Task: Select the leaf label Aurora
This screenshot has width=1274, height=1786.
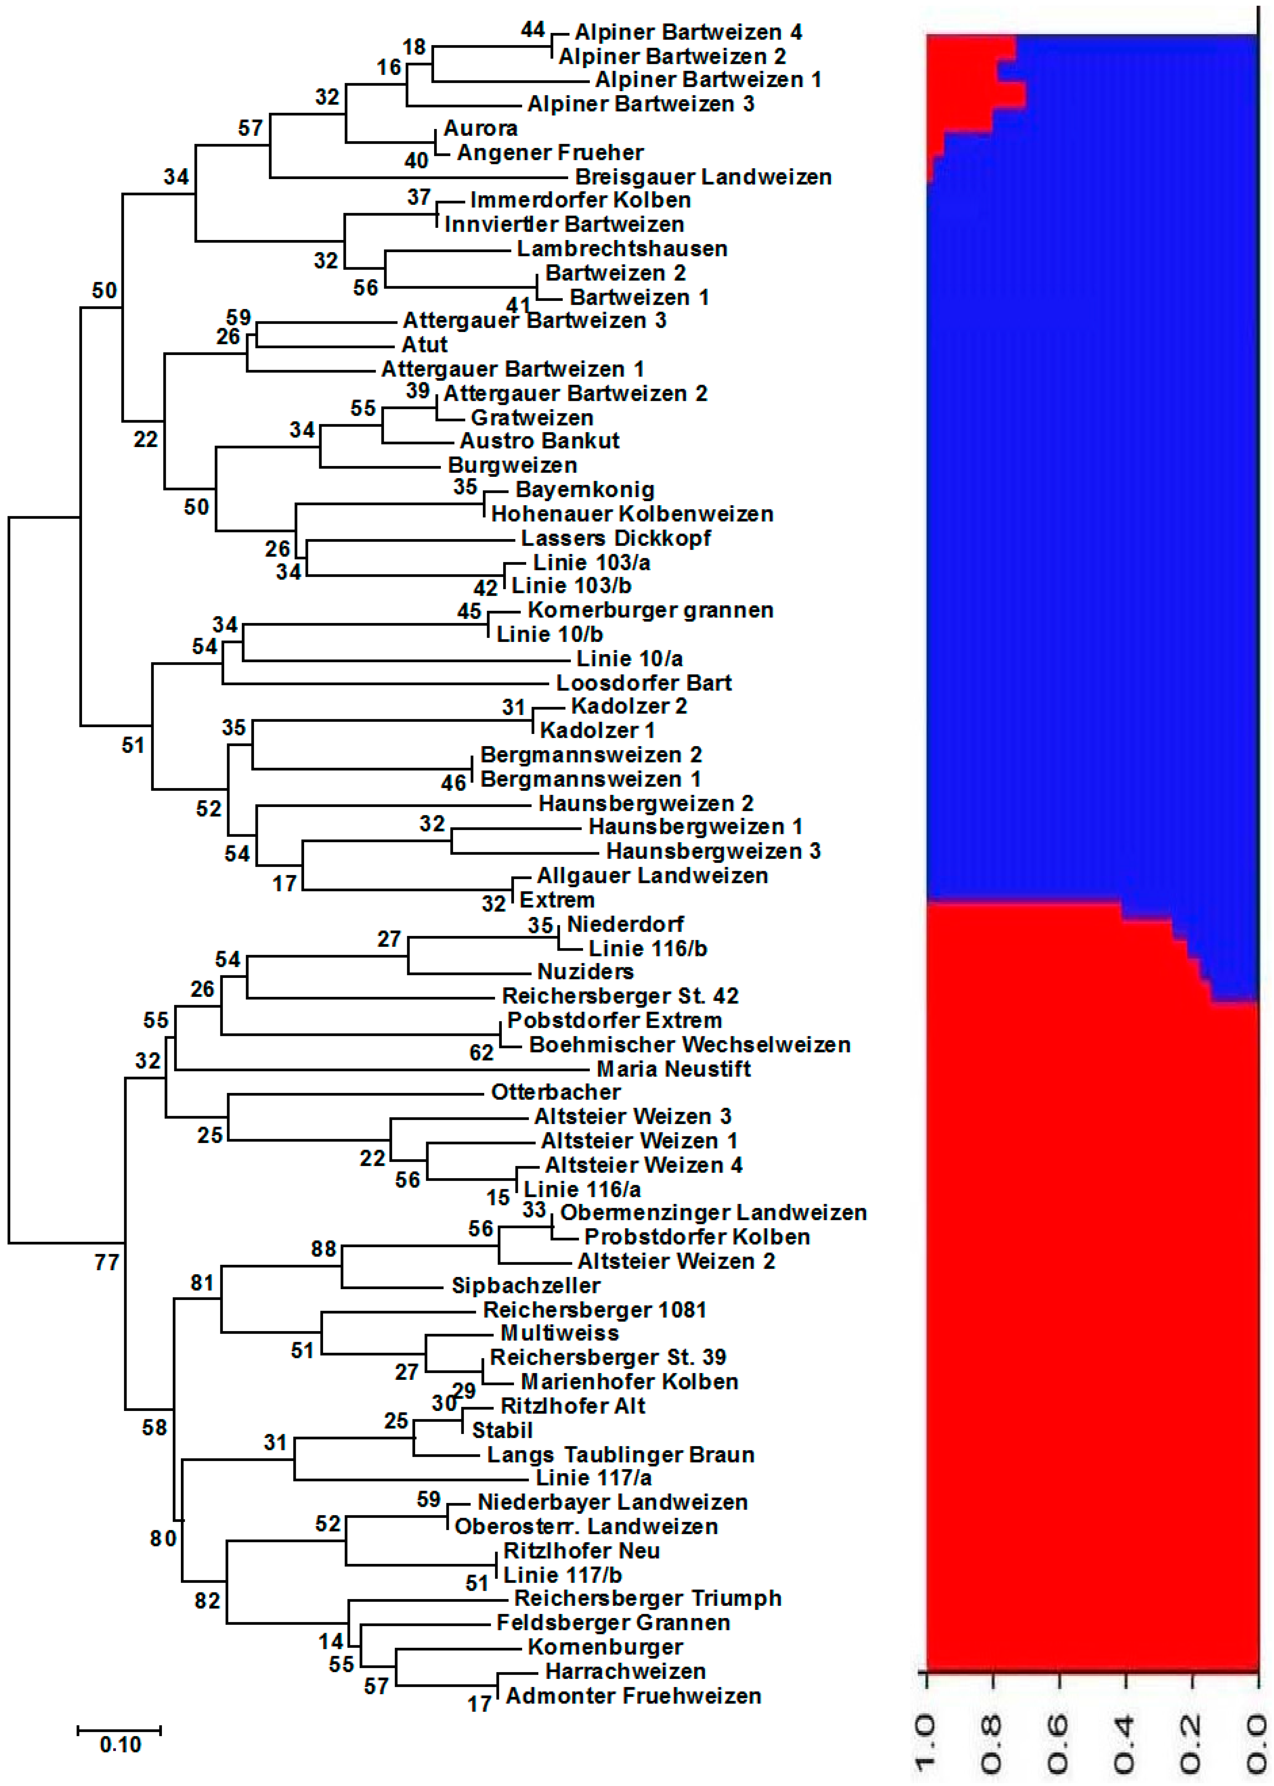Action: (480, 129)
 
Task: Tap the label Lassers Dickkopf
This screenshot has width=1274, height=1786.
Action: (616, 539)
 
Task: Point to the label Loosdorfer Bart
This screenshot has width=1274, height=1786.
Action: (643, 683)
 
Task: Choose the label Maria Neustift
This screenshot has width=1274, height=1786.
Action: (673, 1069)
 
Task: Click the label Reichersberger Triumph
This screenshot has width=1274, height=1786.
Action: (647, 1599)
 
